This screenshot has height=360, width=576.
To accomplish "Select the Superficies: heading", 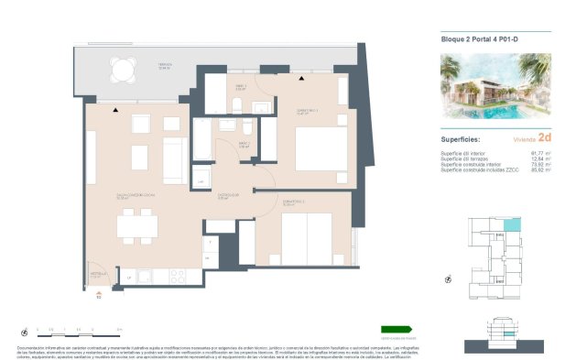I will [x=462, y=137].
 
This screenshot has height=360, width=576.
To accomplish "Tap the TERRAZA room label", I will [x=164, y=64].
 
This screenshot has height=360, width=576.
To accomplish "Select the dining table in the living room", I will [x=136, y=225].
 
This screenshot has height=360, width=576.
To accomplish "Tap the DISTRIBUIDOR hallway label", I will [x=228, y=194].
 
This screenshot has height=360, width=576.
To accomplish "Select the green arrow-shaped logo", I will [x=398, y=329].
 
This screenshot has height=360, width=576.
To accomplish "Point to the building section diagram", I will [x=499, y=329].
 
